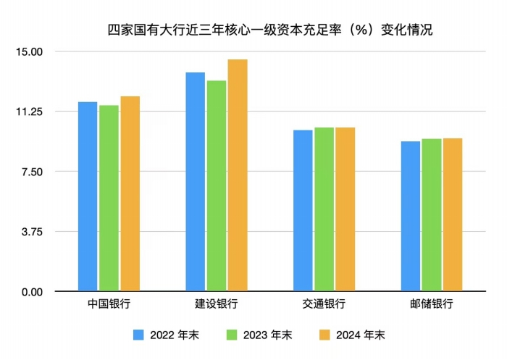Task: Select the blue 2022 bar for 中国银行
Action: tap(88, 196)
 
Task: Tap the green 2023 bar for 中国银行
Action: tap(109, 198)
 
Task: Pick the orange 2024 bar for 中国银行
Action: tap(130, 193)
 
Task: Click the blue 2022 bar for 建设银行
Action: tap(195, 182)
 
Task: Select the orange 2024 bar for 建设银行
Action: tap(238, 175)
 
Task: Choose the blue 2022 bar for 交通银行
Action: tap(303, 211)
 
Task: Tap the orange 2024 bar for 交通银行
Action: tap(345, 209)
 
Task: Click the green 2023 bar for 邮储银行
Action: tap(432, 215)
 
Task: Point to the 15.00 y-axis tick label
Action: tap(30, 51)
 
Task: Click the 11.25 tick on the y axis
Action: tap(30, 112)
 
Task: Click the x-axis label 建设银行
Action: tap(216, 305)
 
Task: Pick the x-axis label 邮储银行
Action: tap(432, 305)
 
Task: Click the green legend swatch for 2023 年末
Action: tap(232, 335)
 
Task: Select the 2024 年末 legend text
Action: tap(362, 335)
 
